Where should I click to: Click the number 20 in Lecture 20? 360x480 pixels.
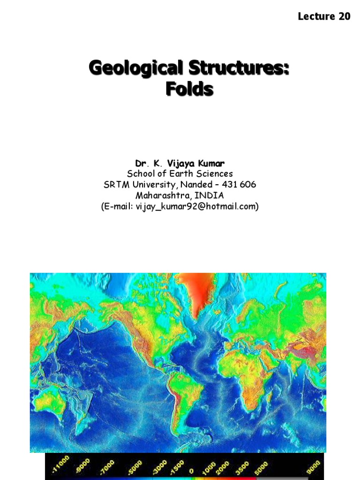[x=344, y=16]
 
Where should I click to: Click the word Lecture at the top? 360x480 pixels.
[x=316, y=16]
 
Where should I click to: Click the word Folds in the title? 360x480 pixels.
[x=189, y=89]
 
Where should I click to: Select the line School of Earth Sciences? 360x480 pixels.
[x=180, y=174]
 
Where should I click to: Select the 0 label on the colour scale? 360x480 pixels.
[x=191, y=470]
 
